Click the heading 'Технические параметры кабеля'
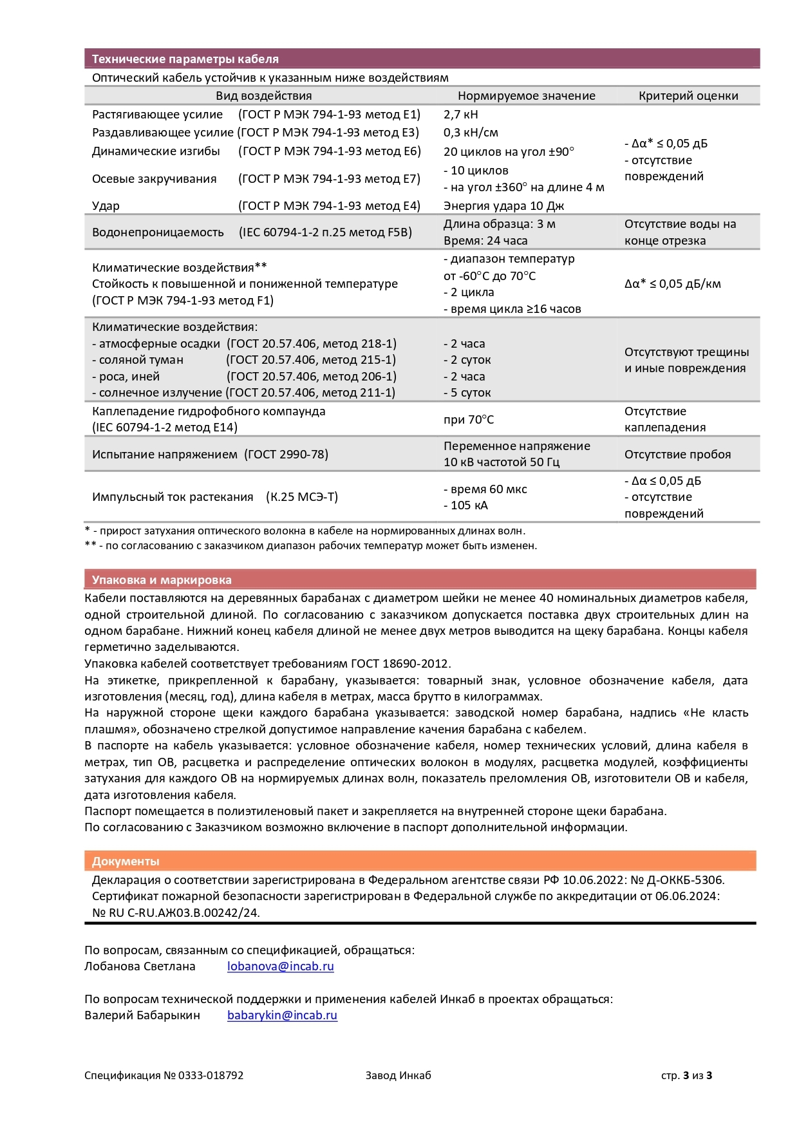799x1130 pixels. point(185,59)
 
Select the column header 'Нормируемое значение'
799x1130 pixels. point(526,96)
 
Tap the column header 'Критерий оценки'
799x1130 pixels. point(688,96)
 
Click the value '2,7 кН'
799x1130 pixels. point(460,115)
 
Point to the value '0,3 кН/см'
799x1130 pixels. point(471,133)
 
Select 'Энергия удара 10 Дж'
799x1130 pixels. point(503,206)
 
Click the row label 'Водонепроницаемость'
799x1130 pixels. point(158,232)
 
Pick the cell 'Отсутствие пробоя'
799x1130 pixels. point(677,455)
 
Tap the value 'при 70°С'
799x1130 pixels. point(468,420)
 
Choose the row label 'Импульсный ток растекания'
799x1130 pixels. point(173,497)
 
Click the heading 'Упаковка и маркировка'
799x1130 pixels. point(161,580)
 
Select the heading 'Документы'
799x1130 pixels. point(126,862)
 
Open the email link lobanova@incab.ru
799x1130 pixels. point(280,966)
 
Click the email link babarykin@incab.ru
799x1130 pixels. point(282,1015)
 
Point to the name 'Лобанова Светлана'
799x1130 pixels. point(140,966)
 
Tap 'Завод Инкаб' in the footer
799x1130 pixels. point(398,1075)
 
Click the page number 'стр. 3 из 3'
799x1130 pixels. point(686,1075)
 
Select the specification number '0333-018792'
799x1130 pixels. point(211,1075)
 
